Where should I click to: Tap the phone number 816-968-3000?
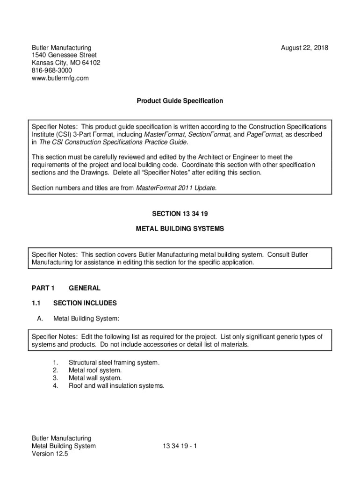51,71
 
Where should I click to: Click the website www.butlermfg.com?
60,78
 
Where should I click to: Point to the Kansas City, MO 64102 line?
66,63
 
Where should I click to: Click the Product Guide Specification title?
180,101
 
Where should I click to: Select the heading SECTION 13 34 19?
180,214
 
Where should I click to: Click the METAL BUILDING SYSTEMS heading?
180,229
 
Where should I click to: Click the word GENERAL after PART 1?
84,288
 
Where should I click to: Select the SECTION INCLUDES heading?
85,303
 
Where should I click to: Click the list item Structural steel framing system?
114,363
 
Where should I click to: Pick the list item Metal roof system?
95,370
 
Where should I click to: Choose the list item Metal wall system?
95,378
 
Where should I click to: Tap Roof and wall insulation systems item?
116,386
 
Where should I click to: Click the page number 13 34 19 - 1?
180,446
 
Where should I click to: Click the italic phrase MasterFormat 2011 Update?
176,188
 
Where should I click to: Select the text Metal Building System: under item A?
86,319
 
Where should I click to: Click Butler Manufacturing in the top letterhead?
61,48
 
